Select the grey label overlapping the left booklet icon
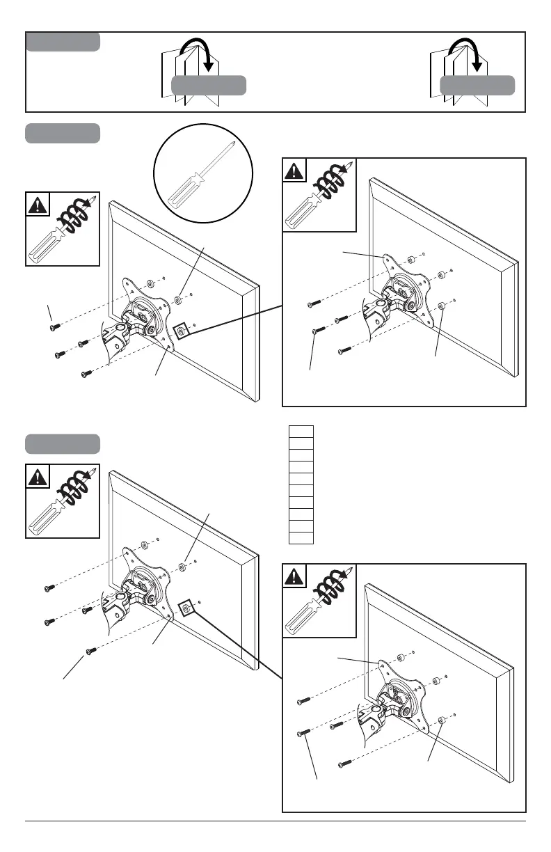pos(209,86)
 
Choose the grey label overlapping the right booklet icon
pos(477,86)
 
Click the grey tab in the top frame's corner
pos(63,42)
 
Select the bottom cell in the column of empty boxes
pos(301,537)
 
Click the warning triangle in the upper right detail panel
pos(294,171)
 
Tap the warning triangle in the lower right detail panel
pos(294,576)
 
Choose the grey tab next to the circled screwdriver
pos(63,133)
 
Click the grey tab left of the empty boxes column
pos(63,443)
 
